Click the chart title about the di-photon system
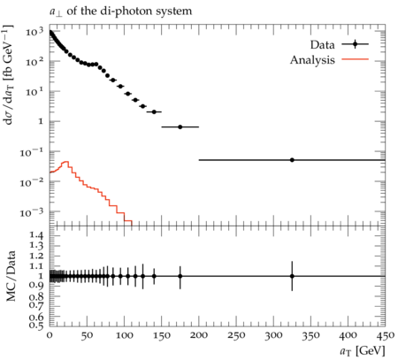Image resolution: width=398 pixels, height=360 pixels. [120, 11]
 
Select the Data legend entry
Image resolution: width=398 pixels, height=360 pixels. [340, 45]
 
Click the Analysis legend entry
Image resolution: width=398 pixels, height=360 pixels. [329, 60]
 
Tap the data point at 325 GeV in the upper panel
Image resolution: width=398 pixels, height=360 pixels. [292, 160]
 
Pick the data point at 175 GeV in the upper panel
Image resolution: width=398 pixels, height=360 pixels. [180, 127]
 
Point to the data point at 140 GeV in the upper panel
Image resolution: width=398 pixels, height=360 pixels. [154, 112]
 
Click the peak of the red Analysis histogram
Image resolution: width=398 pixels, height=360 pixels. [66, 162]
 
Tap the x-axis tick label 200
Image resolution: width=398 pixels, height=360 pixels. [199, 336]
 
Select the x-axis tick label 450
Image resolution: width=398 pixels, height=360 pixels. [386, 336]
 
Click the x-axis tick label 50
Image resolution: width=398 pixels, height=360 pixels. [87, 336]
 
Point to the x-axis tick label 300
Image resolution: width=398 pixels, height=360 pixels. [273, 336]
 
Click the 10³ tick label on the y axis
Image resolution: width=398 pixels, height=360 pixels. [34, 31]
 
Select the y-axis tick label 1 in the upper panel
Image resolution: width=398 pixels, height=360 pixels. [41, 121]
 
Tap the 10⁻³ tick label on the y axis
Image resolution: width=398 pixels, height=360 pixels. [32, 212]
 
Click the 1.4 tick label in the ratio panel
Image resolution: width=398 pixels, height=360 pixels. [37, 235]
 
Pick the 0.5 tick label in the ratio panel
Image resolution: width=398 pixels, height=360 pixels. [37, 325]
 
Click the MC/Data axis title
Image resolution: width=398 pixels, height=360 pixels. [11, 276]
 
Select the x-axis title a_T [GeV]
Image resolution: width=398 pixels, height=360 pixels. [363, 351]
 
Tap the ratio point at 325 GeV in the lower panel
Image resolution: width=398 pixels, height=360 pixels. [292, 276]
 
